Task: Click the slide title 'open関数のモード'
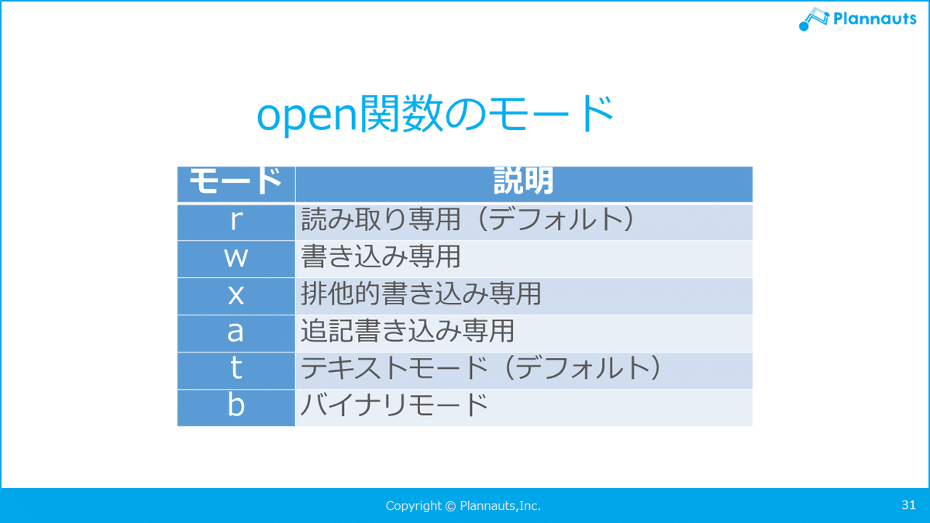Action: point(435,113)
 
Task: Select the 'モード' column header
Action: point(236,181)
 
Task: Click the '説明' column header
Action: point(524,181)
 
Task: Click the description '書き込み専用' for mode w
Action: point(381,256)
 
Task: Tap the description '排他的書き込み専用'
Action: point(421,294)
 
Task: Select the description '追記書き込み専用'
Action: point(408,331)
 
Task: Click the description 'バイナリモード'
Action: point(394,405)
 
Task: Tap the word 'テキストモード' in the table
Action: point(394,368)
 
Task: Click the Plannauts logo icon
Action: point(814,19)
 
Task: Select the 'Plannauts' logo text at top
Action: point(875,19)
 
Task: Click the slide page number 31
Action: point(908,504)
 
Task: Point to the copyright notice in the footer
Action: point(463,505)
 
